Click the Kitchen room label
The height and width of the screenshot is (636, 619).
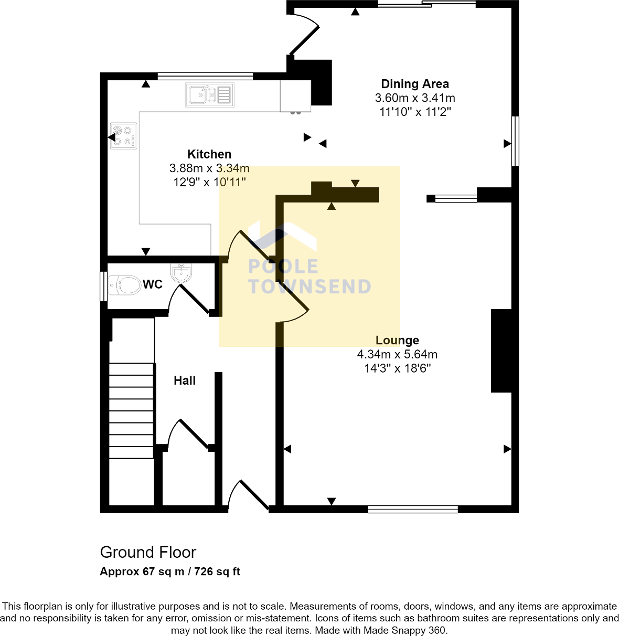coord(209,154)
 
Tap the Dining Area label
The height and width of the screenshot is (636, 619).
coord(414,84)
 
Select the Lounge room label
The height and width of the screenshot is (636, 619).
coord(397,341)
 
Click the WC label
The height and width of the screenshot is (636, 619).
coord(153,284)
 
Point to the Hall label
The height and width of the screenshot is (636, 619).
coord(185,381)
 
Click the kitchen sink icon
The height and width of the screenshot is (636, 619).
coord(209,95)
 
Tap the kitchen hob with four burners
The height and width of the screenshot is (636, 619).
coord(123,136)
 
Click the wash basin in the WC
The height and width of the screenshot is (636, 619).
coord(182,273)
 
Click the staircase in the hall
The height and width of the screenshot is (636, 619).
coord(131,409)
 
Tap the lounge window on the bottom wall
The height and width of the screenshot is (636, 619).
coord(413,509)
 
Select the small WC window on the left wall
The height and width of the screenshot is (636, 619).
coord(103,286)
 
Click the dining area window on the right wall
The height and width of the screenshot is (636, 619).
coord(515,141)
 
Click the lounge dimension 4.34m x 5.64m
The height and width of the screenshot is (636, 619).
coord(397,355)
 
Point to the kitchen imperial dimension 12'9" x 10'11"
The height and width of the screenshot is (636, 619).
coord(209,182)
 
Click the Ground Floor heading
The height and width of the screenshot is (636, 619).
coord(148,553)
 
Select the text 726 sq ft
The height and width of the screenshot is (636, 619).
coord(217,571)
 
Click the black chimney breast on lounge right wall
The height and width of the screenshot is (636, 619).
coord(501,351)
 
